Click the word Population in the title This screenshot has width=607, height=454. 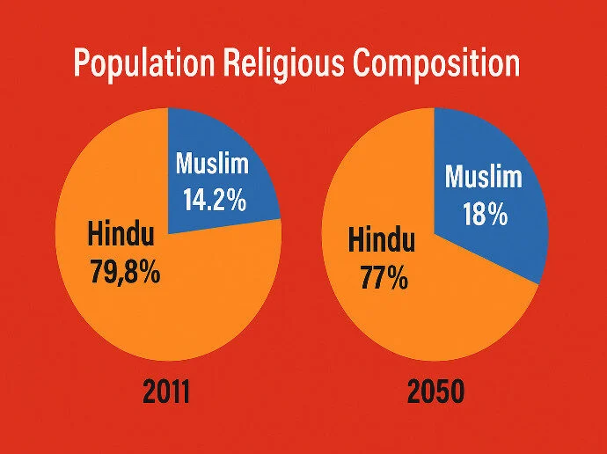pos(142,65)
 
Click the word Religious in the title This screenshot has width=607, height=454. pos(284,65)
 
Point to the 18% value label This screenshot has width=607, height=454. pos(483,214)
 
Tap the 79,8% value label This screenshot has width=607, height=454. pos(125,271)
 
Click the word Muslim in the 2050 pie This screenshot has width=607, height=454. pos(483,178)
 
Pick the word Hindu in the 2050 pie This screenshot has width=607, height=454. pos(382,240)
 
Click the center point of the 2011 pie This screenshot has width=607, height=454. pos(168,233)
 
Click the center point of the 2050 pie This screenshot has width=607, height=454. pos(435,233)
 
